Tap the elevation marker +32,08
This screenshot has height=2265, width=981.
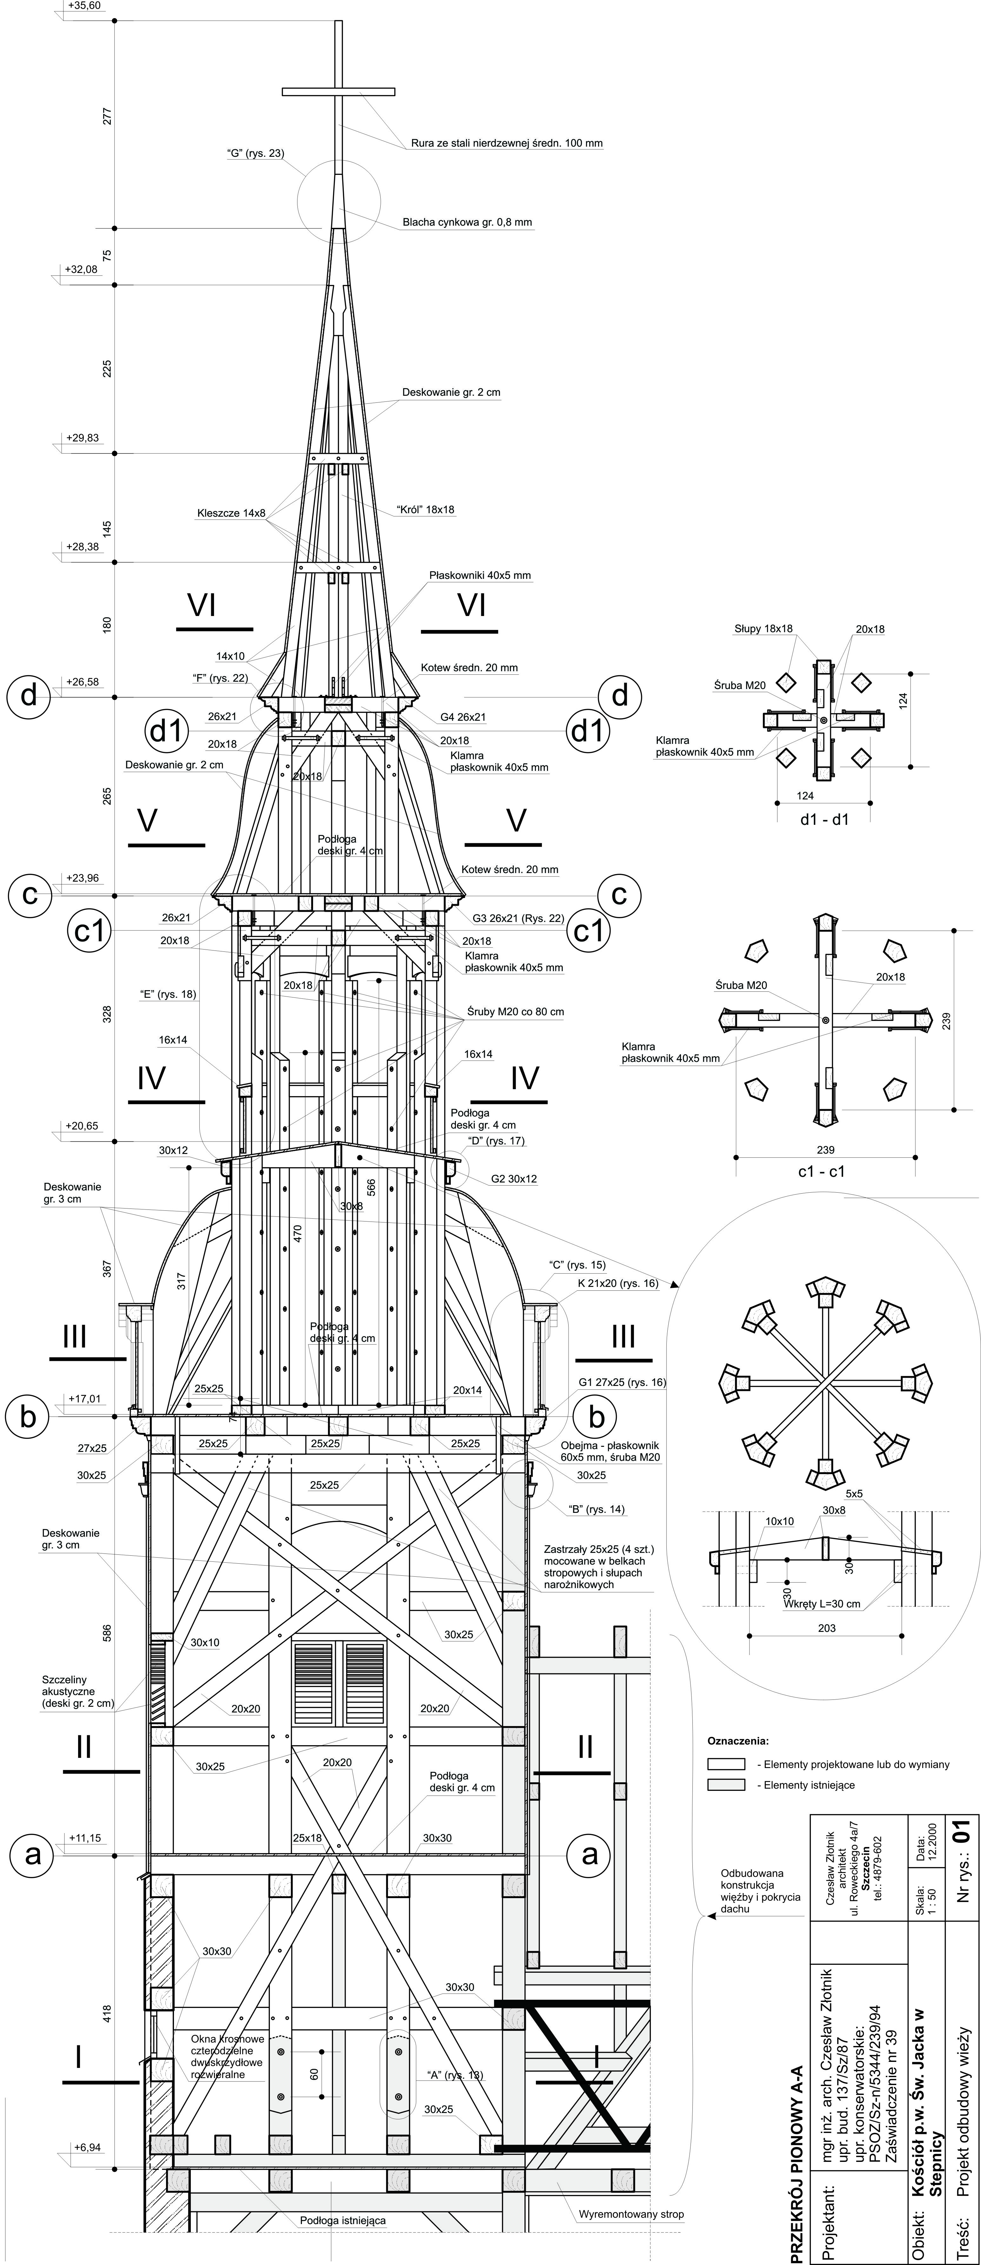[81, 270]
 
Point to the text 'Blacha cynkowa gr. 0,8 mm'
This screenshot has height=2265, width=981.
[467, 222]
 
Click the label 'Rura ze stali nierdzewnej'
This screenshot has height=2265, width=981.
[506, 143]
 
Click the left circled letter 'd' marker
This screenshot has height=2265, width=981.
[29, 696]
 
